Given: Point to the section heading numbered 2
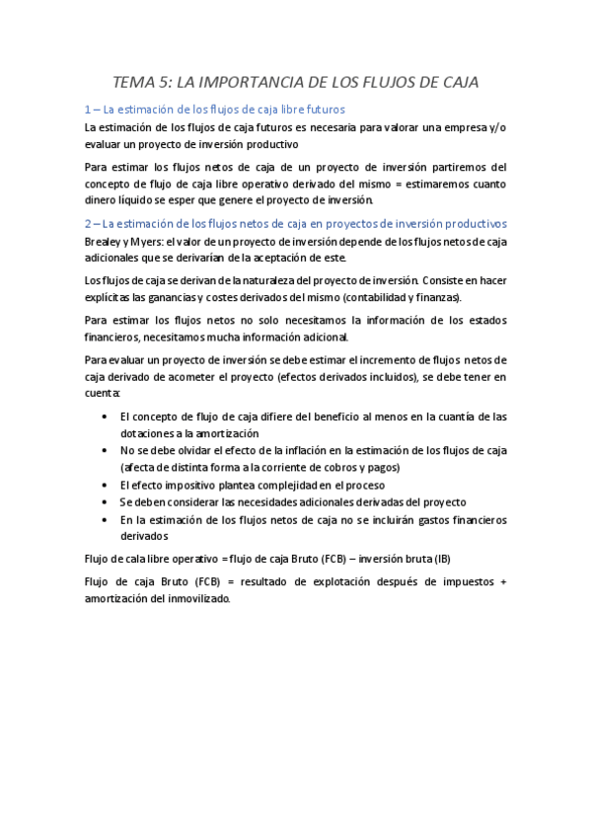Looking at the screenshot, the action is click(x=295, y=223).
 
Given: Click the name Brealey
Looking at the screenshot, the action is click(x=104, y=241).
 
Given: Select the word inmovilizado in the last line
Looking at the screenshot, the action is click(x=193, y=598).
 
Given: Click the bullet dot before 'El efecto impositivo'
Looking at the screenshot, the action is click(x=106, y=485).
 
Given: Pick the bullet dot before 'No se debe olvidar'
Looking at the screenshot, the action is click(x=106, y=450).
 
